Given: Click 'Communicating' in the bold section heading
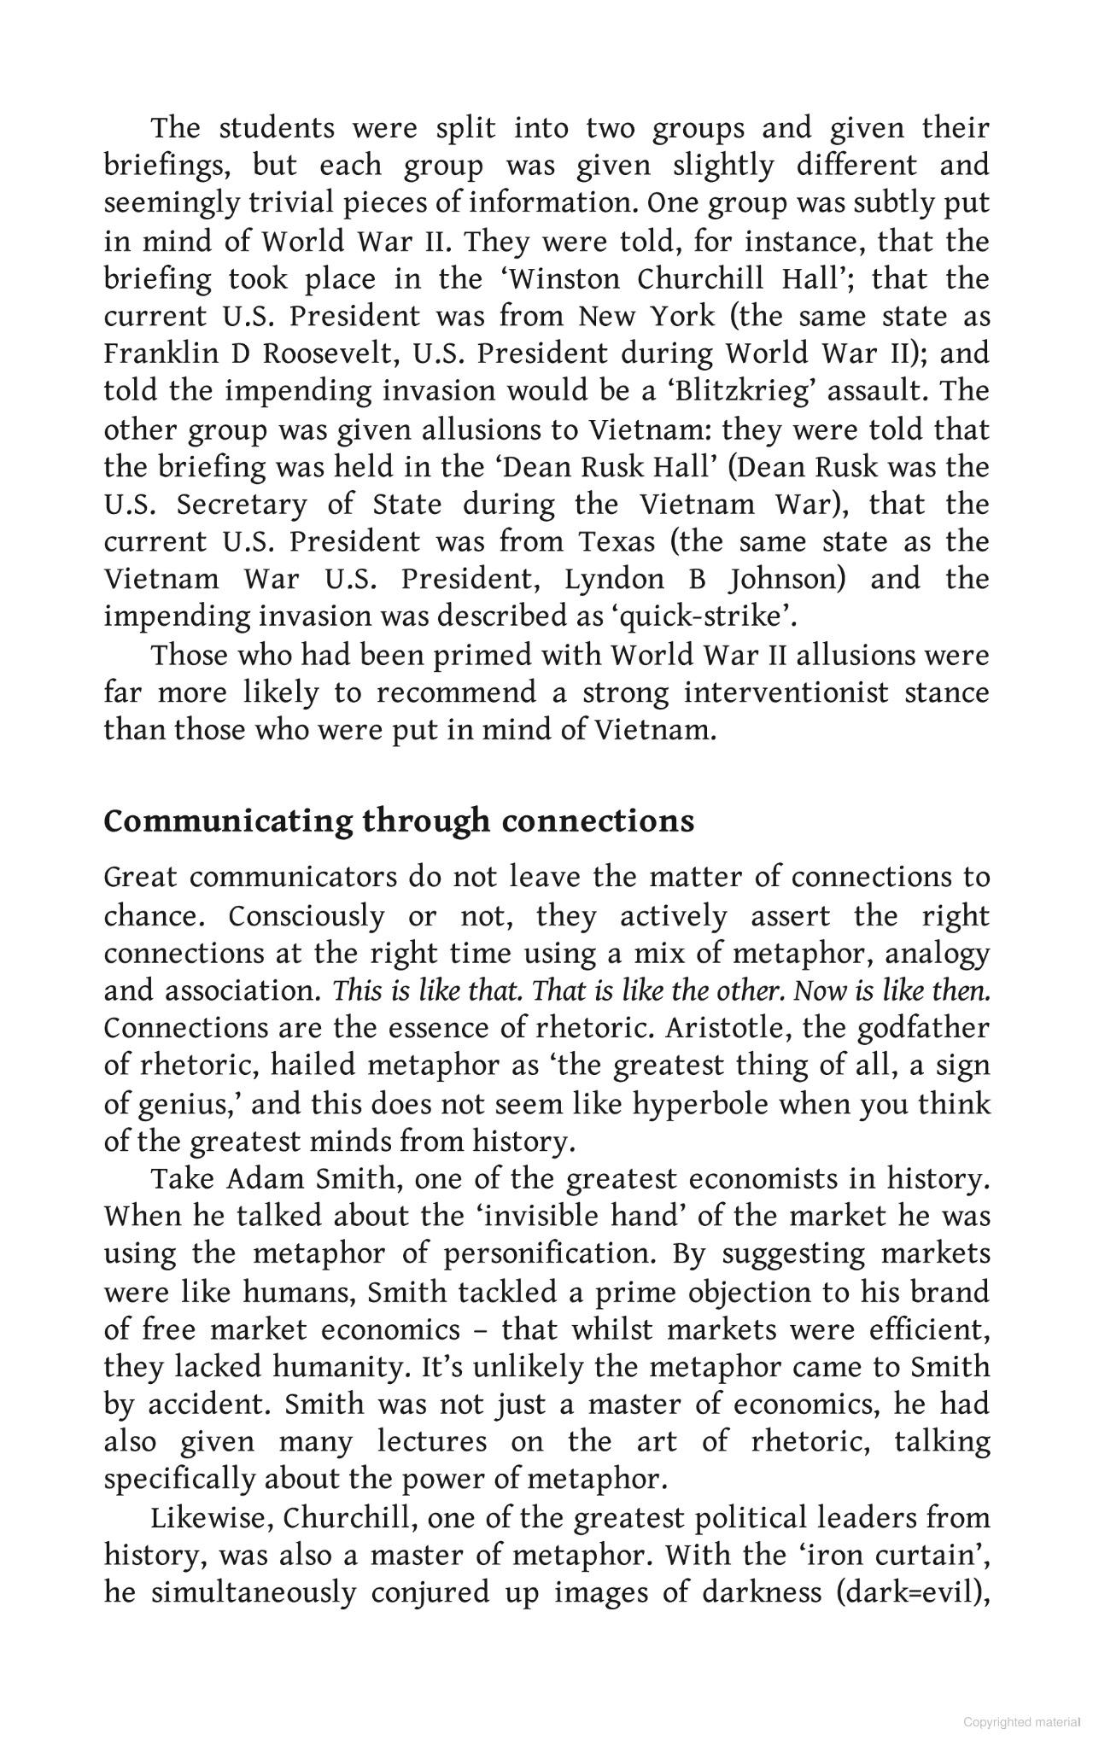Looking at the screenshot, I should pos(227,821).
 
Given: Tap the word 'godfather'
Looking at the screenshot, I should pos(923,1028).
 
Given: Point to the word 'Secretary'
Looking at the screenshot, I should pos(242,505).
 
